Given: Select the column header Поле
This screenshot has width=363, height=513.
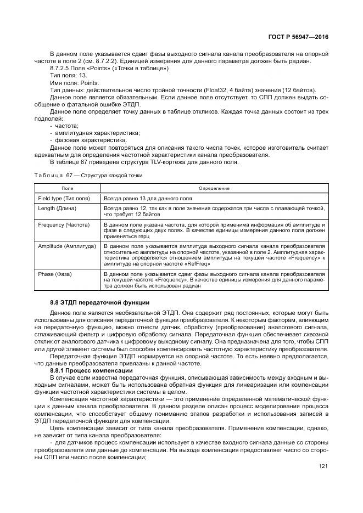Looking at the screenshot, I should coord(66,188).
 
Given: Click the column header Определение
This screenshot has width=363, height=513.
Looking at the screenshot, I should coord(214,188).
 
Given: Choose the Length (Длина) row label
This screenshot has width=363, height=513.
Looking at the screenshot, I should coord(57,208).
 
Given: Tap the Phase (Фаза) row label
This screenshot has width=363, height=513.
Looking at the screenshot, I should coord(55,273).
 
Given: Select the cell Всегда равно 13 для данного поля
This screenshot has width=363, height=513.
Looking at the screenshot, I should coord(148,198).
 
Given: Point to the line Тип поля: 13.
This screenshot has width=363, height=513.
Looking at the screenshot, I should coord(68,75).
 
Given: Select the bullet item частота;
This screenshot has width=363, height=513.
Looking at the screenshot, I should coord(68,126).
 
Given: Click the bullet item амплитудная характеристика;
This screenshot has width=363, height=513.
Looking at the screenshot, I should coord(94,133).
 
